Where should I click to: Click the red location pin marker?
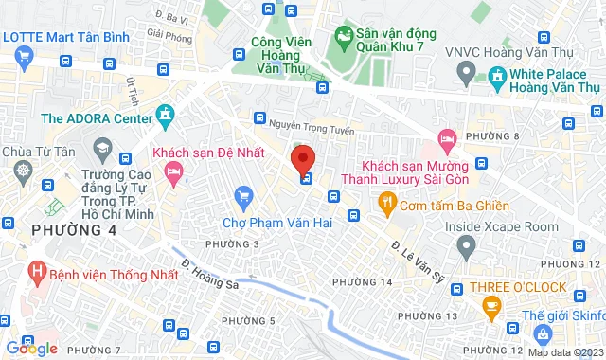(x=302, y=156)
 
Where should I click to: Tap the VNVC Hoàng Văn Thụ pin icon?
(x=465, y=71)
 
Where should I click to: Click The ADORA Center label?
(x=97, y=118)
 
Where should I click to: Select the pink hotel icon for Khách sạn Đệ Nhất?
(x=172, y=171)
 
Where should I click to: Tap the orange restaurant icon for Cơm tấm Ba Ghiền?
(x=385, y=201)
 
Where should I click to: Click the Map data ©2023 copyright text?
(x=564, y=352)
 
